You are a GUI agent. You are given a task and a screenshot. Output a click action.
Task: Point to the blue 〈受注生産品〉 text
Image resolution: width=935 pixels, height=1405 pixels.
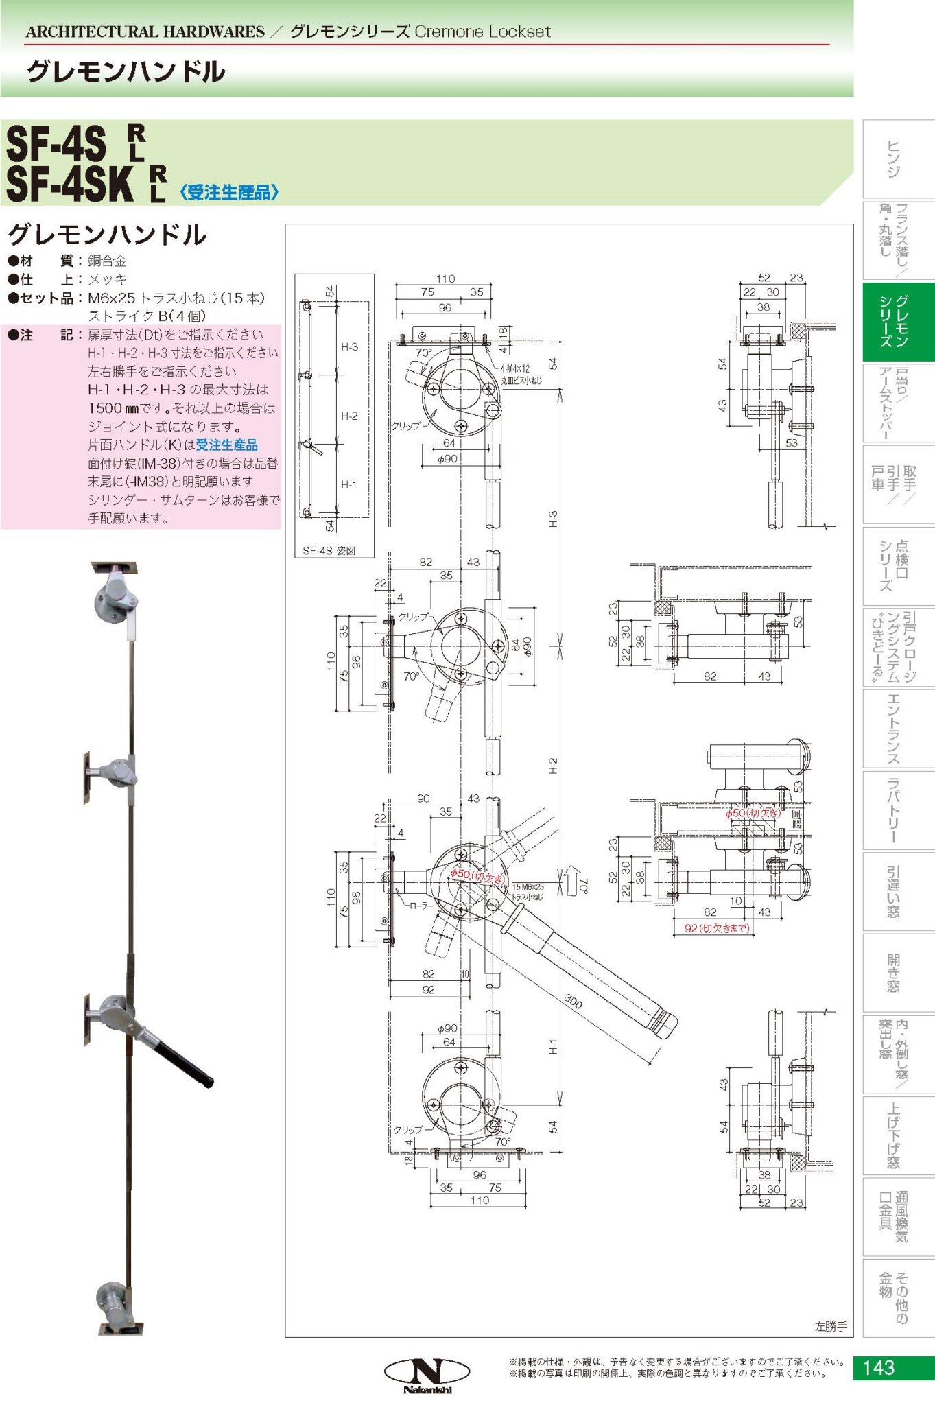(229, 192)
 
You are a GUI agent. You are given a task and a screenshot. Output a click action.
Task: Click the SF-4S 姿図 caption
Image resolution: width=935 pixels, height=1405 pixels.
(329, 550)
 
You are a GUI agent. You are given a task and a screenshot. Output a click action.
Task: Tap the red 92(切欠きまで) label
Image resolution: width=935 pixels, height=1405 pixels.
(717, 928)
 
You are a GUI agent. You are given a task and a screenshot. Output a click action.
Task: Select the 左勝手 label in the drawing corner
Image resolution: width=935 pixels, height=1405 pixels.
(831, 1327)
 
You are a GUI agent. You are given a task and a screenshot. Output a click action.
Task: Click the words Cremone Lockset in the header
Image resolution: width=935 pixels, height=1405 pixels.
(482, 32)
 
